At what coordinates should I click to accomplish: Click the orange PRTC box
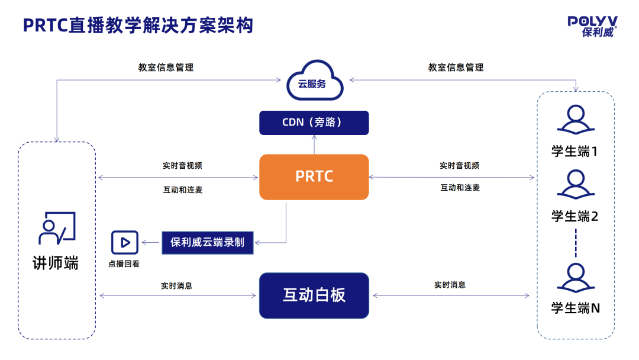pyautogui.click(x=314, y=176)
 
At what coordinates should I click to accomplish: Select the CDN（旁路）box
pyautogui.click(x=314, y=123)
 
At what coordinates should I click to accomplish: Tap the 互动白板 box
pyautogui.click(x=314, y=295)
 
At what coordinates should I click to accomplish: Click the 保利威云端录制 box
pyautogui.click(x=207, y=242)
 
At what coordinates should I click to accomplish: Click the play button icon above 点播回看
pyautogui.click(x=124, y=242)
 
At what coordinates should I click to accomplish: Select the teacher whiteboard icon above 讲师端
pyautogui.click(x=57, y=228)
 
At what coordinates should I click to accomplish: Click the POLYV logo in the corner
pyautogui.click(x=592, y=26)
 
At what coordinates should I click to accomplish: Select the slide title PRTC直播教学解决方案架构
pyautogui.click(x=138, y=25)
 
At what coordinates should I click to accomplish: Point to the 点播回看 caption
pyautogui.click(x=124, y=264)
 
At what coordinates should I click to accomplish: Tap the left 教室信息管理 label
pyautogui.click(x=166, y=67)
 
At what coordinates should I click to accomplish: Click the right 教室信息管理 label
pyautogui.click(x=456, y=67)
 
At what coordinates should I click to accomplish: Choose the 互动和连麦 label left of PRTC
pyautogui.click(x=183, y=190)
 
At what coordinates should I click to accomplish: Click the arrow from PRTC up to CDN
pyautogui.click(x=314, y=144)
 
